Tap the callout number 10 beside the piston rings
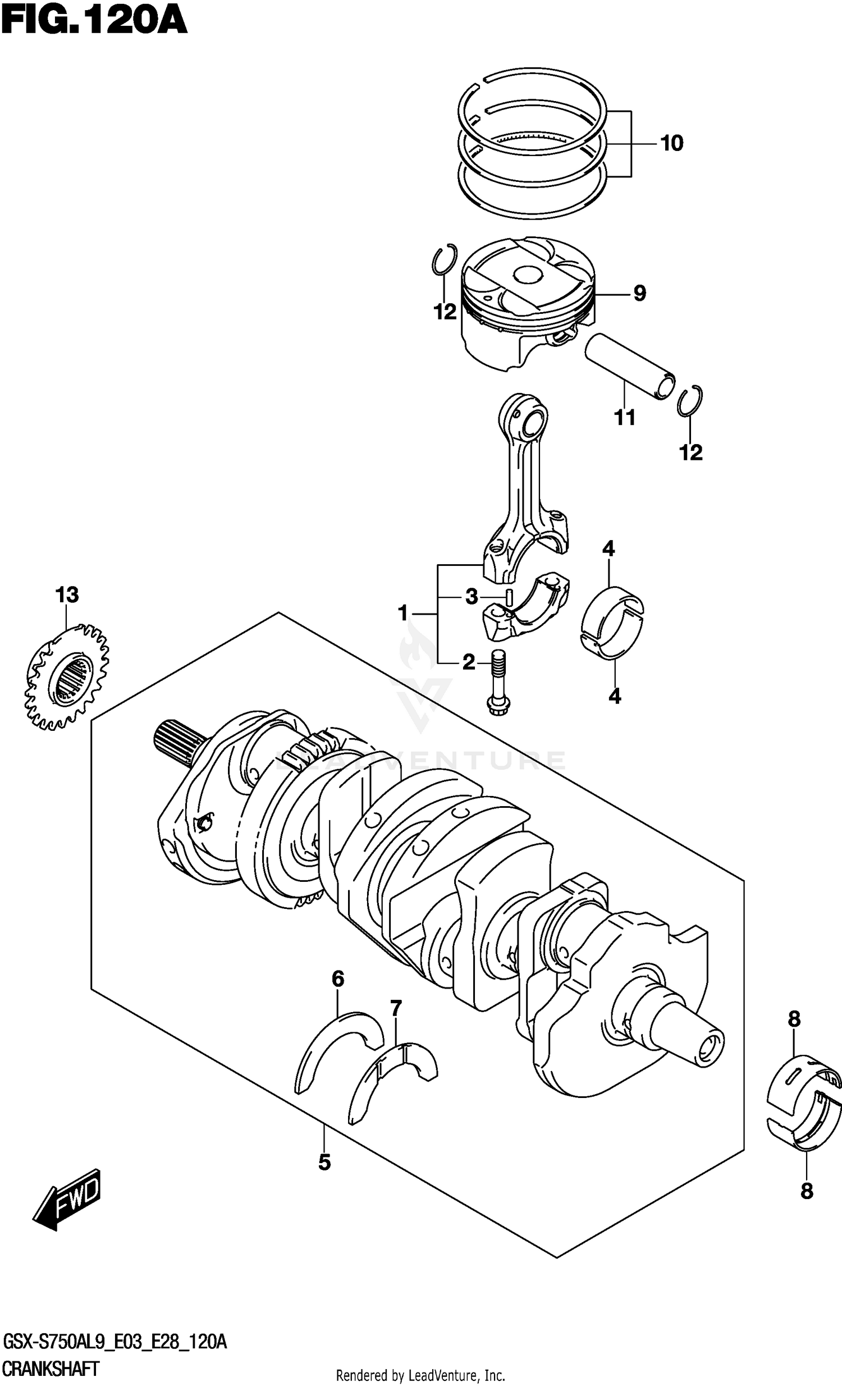[671, 144]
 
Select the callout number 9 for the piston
[639, 293]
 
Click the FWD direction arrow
[66, 1199]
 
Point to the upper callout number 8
[793, 1019]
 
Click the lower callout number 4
[614, 697]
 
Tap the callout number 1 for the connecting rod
[402, 612]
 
